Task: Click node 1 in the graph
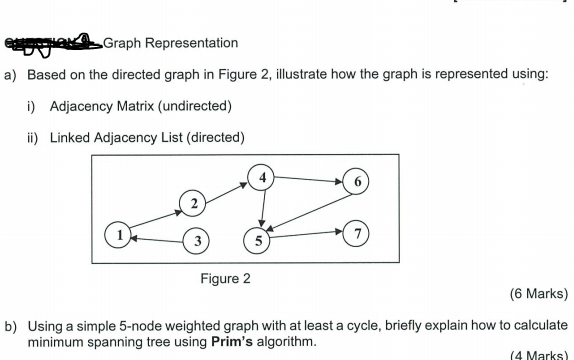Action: click(x=121, y=237)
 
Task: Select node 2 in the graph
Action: click(x=192, y=204)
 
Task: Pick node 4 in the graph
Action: click(x=262, y=177)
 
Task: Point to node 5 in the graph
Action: click(x=259, y=240)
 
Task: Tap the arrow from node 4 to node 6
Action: click(x=310, y=179)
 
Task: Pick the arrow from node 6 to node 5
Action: click(x=310, y=211)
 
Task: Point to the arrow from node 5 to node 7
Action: click(x=309, y=236)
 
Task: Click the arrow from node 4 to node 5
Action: click(x=261, y=208)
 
